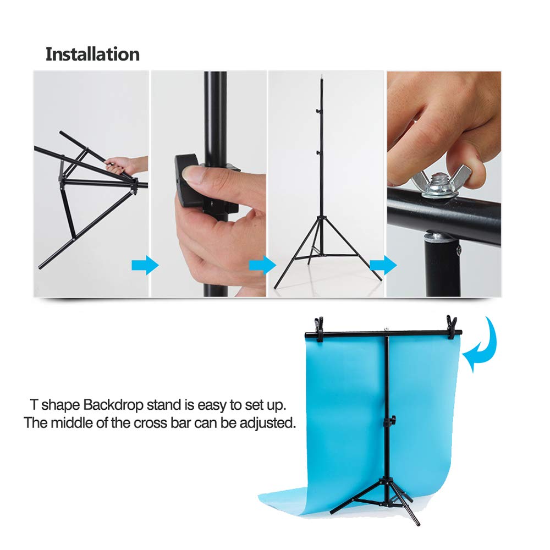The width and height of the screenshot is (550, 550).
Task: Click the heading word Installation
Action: click(92, 54)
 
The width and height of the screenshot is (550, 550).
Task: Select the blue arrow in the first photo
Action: click(145, 266)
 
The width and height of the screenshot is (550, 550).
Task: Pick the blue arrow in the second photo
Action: click(262, 266)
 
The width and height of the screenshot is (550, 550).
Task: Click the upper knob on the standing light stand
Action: click(317, 112)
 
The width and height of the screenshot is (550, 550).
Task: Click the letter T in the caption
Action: click(34, 406)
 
